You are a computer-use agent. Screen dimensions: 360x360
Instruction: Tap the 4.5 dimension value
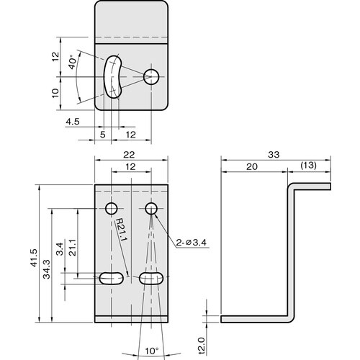pyautogui.click(x=72, y=122)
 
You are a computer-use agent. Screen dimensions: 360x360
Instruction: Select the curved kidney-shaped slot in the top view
pyautogui.click(x=112, y=75)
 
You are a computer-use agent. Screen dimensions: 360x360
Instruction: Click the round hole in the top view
pyautogui.click(x=151, y=76)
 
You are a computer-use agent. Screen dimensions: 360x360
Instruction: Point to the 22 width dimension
pyautogui.click(x=130, y=154)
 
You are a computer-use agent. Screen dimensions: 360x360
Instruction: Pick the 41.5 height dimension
pyautogui.click(x=34, y=258)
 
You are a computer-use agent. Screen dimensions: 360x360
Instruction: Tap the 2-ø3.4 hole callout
pyautogui.click(x=192, y=243)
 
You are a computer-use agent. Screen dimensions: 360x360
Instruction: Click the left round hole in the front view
pyautogui.click(x=111, y=209)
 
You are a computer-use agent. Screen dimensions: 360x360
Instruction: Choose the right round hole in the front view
pyautogui.click(x=151, y=209)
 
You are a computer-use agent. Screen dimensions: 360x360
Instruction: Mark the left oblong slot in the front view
pyautogui.click(x=111, y=278)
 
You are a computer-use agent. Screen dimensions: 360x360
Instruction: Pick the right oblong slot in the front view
pyautogui.click(x=151, y=278)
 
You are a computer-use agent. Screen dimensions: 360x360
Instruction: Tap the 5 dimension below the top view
pyautogui.click(x=103, y=134)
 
